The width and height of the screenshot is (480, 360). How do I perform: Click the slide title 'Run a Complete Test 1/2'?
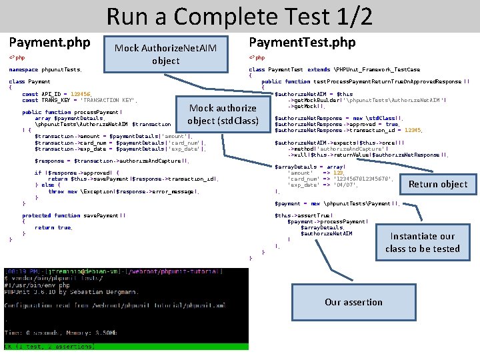[x=239, y=16]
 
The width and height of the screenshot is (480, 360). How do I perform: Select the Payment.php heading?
[x=49, y=43]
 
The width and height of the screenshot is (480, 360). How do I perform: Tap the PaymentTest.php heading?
[x=302, y=43]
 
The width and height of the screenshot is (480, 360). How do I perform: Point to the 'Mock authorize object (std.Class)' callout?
[x=223, y=114]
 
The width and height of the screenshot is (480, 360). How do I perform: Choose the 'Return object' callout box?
[x=437, y=184]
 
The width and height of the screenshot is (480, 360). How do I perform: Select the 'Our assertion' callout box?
[x=353, y=302]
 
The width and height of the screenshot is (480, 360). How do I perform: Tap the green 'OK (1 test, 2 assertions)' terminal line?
[x=51, y=346]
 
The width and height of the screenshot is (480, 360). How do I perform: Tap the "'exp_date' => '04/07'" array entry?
[x=313, y=185]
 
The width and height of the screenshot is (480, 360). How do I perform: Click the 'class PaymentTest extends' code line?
[x=334, y=69]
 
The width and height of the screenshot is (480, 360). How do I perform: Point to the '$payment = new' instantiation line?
[x=337, y=203]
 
